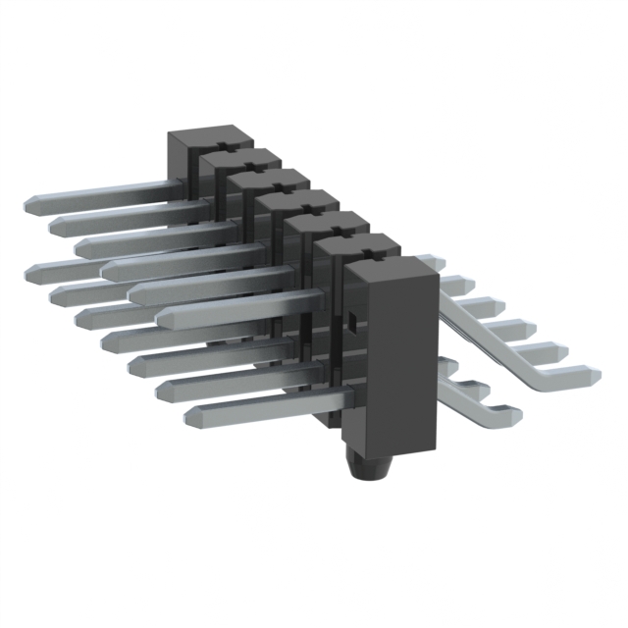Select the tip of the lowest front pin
(190, 415)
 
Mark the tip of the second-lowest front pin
(162, 390)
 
